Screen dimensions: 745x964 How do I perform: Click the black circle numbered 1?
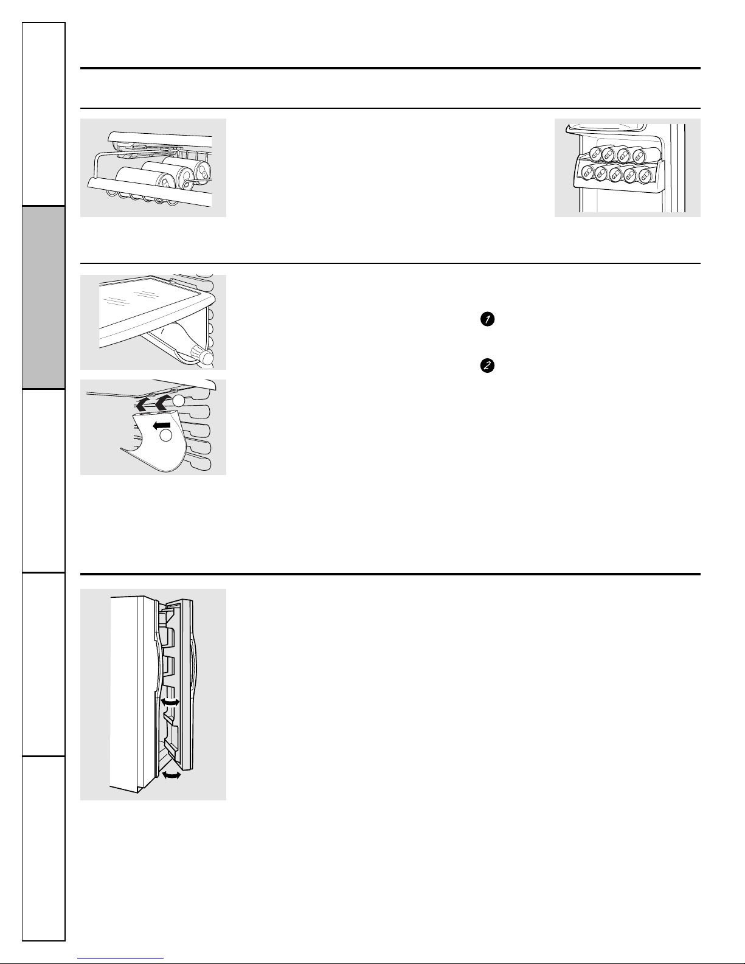(487, 319)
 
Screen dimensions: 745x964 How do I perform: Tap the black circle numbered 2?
(487, 366)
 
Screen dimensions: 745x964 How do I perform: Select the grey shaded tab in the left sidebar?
(44, 297)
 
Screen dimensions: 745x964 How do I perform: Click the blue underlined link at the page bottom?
(120, 958)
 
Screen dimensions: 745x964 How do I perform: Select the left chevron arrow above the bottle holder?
(143, 404)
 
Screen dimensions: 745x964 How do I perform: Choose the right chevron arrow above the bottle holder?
(162, 402)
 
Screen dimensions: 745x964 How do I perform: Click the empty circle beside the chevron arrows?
(178, 401)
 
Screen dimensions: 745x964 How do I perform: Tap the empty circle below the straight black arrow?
(165, 435)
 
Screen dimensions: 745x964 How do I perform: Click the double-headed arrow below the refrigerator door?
(171, 775)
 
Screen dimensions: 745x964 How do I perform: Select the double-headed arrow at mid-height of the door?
(170, 702)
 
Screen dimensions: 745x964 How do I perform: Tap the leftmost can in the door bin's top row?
(595, 154)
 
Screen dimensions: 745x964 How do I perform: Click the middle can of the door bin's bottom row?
(615, 173)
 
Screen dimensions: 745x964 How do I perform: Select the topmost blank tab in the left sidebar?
(44, 114)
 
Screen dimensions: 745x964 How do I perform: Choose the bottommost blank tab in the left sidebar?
(44, 848)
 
